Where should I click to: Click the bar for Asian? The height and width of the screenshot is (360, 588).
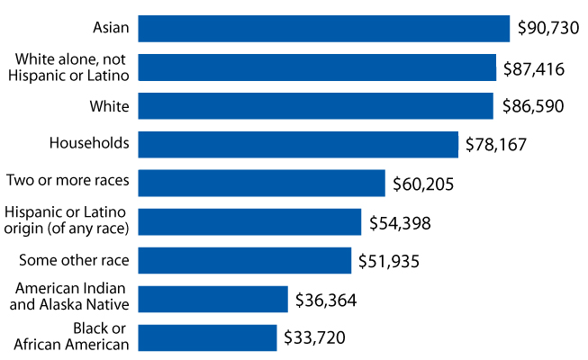(324, 29)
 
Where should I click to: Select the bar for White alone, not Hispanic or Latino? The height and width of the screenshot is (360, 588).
(317, 67)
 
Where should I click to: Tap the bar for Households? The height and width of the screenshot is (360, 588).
(298, 144)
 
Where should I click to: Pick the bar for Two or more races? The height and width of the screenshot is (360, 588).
(261, 184)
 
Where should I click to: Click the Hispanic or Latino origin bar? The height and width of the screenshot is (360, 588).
(249, 221)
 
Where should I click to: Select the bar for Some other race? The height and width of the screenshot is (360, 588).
(244, 261)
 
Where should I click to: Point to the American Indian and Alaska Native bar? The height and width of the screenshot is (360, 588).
(213, 299)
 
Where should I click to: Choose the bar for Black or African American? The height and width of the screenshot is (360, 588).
(207, 337)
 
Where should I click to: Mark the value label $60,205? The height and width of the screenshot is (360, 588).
(423, 184)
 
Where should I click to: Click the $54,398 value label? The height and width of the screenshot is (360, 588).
(400, 222)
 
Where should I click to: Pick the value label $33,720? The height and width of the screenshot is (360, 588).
(314, 338)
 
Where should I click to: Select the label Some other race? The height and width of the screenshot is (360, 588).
(75, 261)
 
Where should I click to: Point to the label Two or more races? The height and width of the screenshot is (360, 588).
(68, 181)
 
